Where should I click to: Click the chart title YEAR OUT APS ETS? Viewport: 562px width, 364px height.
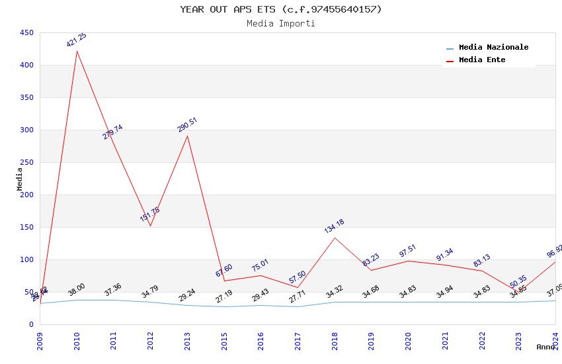281,9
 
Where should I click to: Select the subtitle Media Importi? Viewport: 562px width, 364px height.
281,24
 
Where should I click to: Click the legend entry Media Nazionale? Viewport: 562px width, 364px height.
493,48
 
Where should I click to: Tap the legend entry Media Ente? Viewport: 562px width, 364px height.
482,60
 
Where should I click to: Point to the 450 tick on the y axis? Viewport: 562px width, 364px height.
26,32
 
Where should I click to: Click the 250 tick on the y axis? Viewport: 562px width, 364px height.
26,162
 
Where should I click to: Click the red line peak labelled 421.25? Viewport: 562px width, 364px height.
77,52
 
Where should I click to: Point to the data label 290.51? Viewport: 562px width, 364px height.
187,125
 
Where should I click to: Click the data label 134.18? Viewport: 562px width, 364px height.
334,226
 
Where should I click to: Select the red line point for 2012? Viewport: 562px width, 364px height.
150,226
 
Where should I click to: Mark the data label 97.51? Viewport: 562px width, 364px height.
408,251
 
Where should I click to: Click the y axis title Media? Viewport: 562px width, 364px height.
20,179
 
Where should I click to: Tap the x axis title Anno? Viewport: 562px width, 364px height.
545,347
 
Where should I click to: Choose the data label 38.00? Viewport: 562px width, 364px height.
77,290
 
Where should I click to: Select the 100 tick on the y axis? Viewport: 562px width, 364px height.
26,259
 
